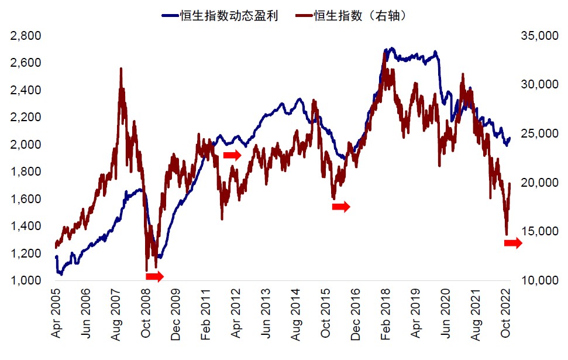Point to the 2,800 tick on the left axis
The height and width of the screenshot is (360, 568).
tap(26, 36)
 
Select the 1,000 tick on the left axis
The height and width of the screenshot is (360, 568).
tap(26, 281)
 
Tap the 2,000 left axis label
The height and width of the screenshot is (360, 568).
tap(26, 145)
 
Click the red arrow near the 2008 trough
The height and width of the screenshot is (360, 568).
tap(155, 276)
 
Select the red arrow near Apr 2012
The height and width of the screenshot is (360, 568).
tap(232, 155)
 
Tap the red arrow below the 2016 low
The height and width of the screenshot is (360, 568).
tap(341, 207)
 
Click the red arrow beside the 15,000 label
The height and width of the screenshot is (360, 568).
tap(513, 244)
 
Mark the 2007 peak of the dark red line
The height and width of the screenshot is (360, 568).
tap(121, 69)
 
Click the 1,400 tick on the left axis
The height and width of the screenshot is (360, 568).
tap(26, 227)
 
